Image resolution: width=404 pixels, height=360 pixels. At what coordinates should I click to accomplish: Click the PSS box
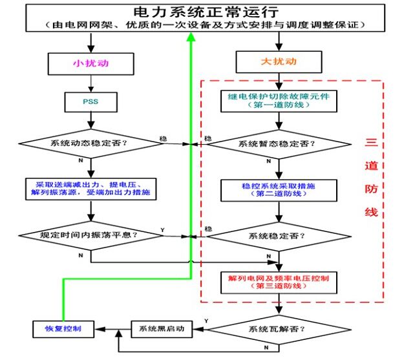[x=90, y=101]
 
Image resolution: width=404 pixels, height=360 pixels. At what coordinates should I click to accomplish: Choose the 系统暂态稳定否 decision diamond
[x=278, y=143]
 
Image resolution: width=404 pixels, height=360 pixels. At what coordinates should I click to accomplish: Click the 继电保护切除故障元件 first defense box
[x=278, y=100]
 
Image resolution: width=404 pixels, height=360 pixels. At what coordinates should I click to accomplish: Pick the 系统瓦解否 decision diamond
[x=278, y=328]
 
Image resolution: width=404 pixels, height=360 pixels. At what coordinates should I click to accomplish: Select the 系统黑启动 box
[x=162, y=328]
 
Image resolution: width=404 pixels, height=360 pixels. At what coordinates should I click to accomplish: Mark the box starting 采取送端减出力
[x=90, y=188]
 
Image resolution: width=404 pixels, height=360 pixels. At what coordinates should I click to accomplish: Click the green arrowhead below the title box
[x=191, y=37]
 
